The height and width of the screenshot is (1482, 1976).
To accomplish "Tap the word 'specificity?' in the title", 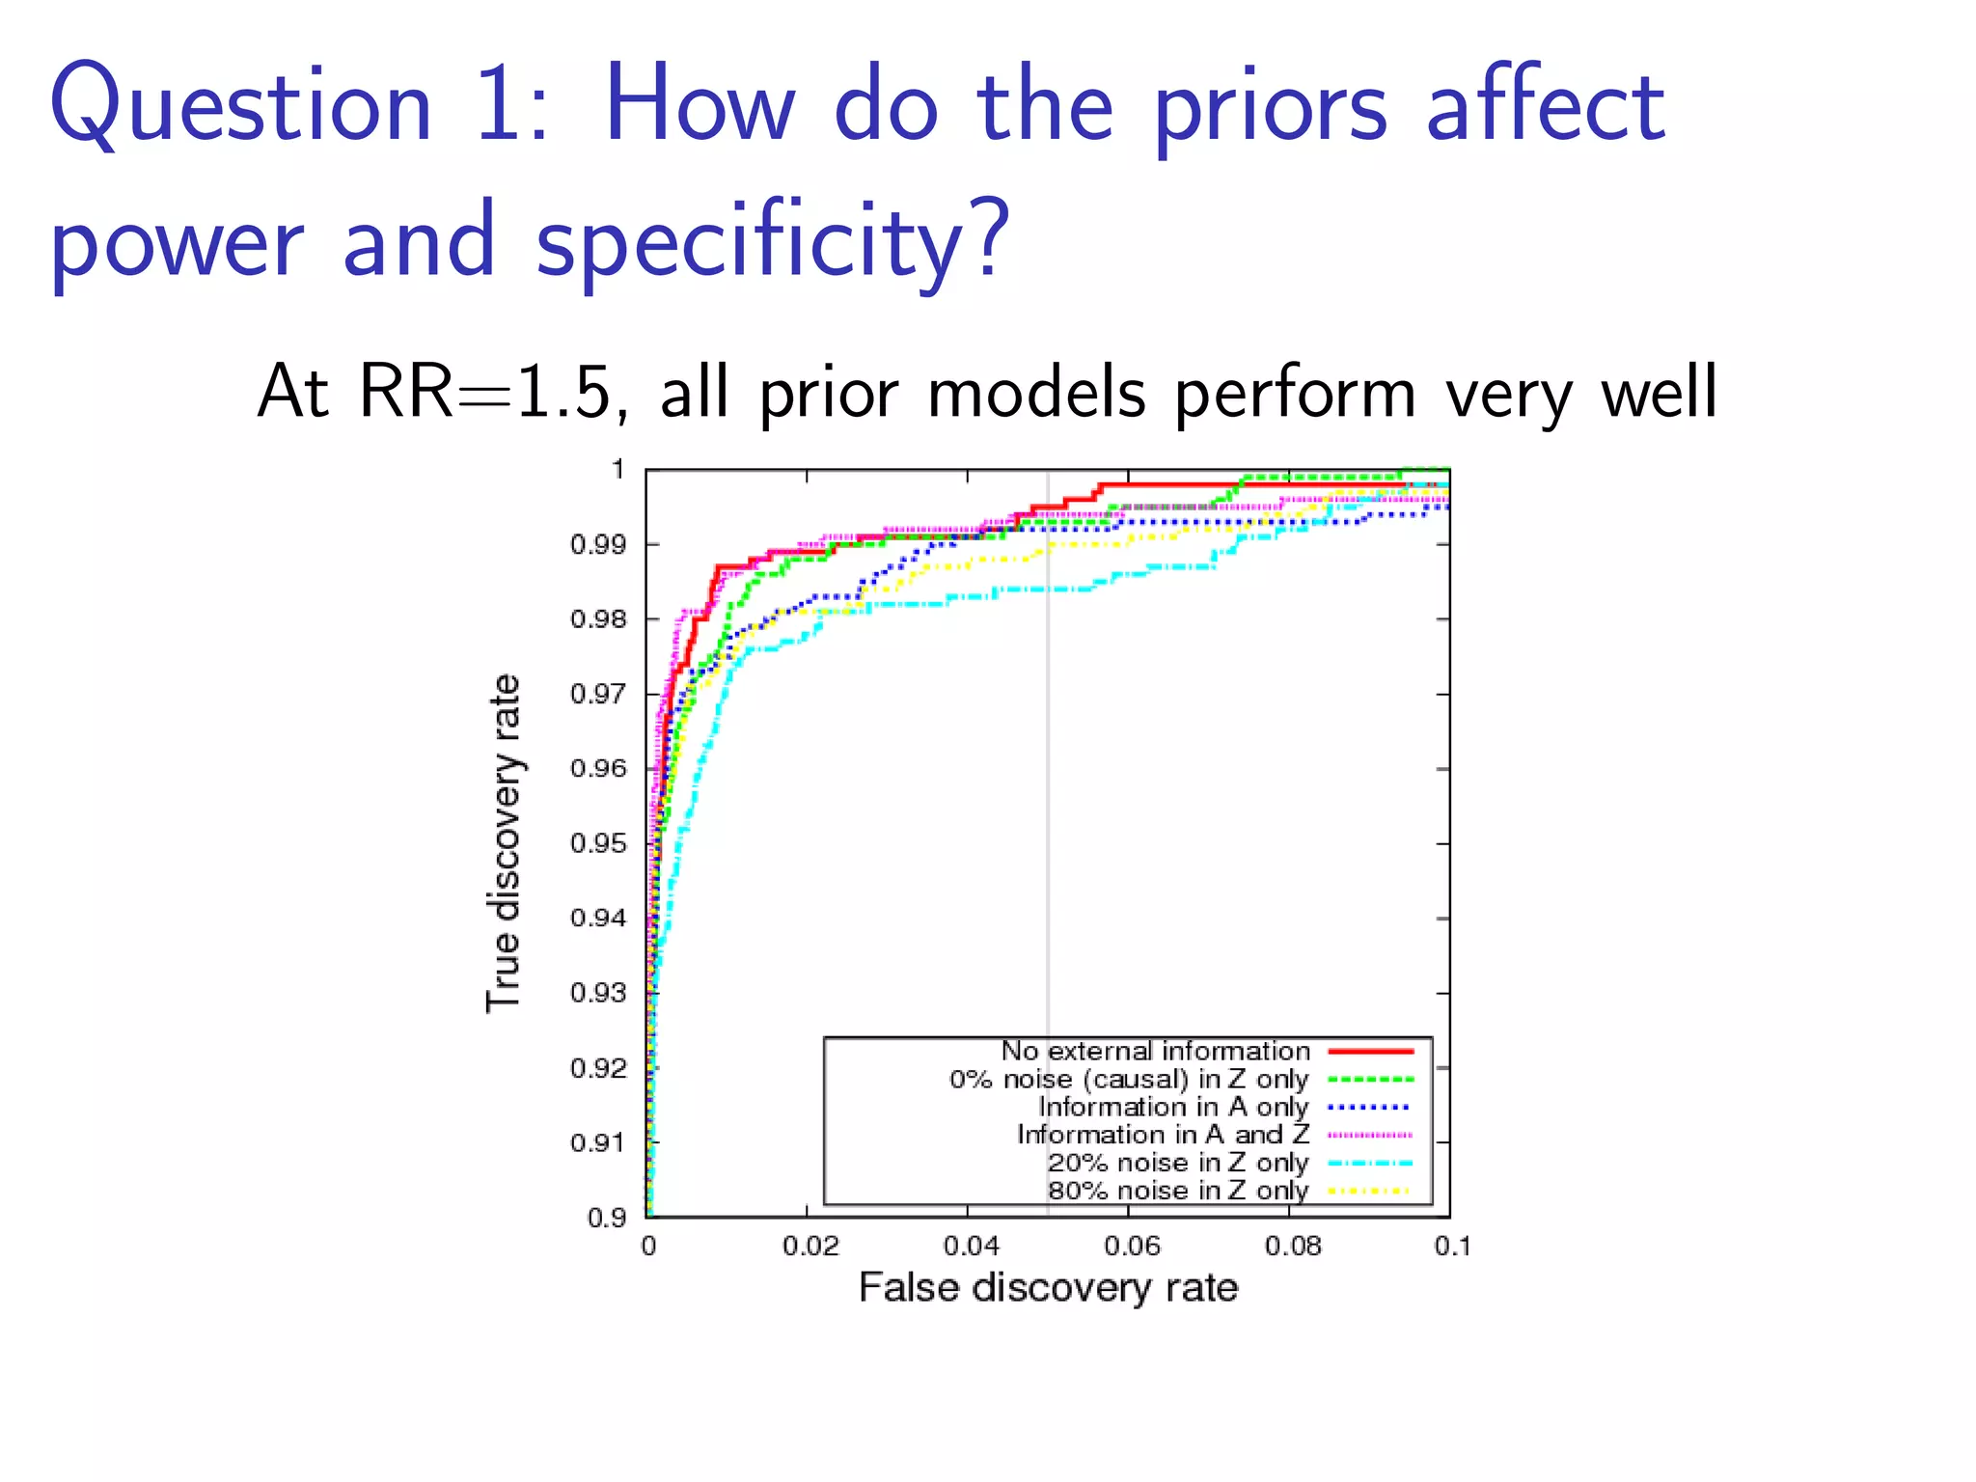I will tap(772, 241).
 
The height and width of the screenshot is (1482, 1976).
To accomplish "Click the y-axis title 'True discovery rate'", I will tap(504, 843).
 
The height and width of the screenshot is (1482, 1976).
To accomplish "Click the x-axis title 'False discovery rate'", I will tap(1048, 1288).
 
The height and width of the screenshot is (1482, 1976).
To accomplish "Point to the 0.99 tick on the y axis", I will tap(598, 545).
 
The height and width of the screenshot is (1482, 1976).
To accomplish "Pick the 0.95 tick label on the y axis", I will tap(598, 844).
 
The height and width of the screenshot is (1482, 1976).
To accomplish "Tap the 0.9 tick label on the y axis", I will tap(607, 1218).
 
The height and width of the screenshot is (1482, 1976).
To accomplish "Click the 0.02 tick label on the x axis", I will tap(810, 1247).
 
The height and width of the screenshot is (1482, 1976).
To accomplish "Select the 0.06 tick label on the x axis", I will tap(1132, 1247).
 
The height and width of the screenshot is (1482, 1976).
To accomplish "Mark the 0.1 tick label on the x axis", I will tap(1452, 1247).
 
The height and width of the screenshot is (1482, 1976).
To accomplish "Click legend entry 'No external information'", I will tap(1155, 1051).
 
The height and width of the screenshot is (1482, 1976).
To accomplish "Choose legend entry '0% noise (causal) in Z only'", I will tap(1129, 1079).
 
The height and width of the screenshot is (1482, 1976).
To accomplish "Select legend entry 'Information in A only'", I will tap(1173, 1107).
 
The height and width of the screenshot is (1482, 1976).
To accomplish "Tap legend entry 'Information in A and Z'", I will tap(1163, 1135).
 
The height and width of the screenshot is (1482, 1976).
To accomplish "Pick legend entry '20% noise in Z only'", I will tap(1178, 1163).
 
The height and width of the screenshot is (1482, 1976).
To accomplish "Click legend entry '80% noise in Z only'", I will tap(1178, 1191).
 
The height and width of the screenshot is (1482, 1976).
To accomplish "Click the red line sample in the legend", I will tap(1370, 1051).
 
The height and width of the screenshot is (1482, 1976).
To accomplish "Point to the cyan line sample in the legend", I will tap(1370, 1164).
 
